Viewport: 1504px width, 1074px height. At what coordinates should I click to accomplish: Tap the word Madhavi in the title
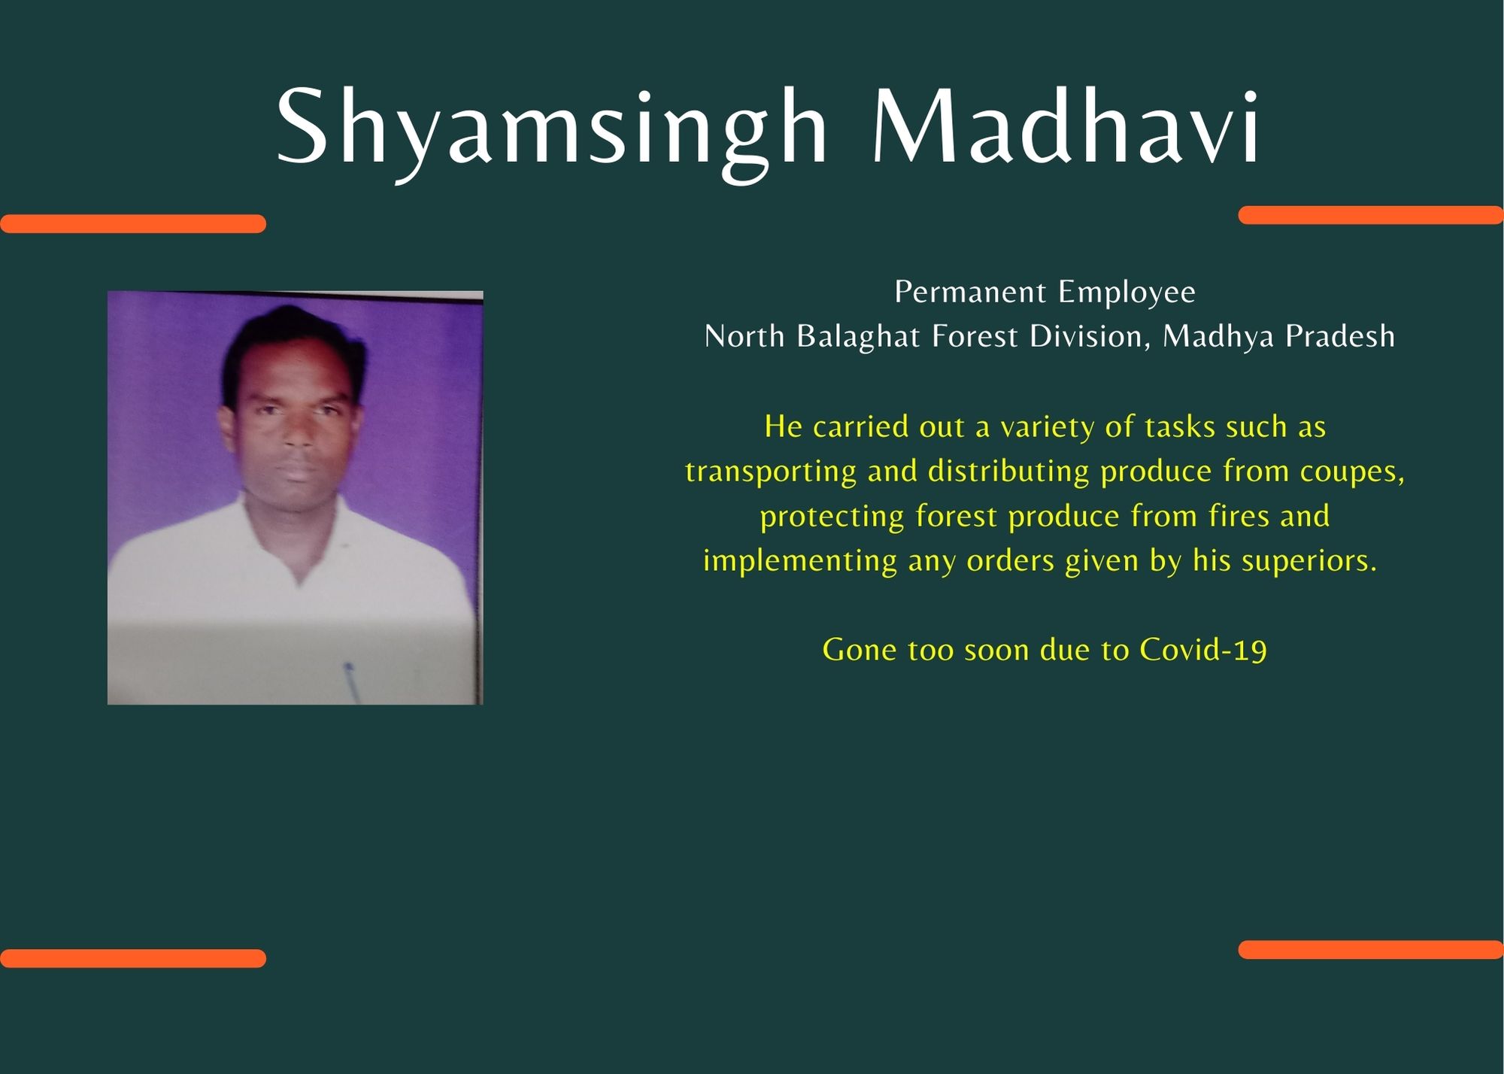(x=1066, y=126)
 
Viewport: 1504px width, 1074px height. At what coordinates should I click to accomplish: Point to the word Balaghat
(x=858, y=337)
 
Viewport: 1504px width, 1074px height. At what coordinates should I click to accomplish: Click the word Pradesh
(x=1340, y=336)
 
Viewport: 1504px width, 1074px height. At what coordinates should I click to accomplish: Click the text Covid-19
(x=1203, y=650)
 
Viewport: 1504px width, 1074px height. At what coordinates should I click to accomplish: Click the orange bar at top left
(x=133, y=223)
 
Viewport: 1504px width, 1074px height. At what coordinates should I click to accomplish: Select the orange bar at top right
(x=1371, y=215)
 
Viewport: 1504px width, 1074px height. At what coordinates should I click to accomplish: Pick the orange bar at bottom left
(x=133, y=958)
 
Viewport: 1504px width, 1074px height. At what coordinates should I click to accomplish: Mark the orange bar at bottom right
(x=1371, y=949)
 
